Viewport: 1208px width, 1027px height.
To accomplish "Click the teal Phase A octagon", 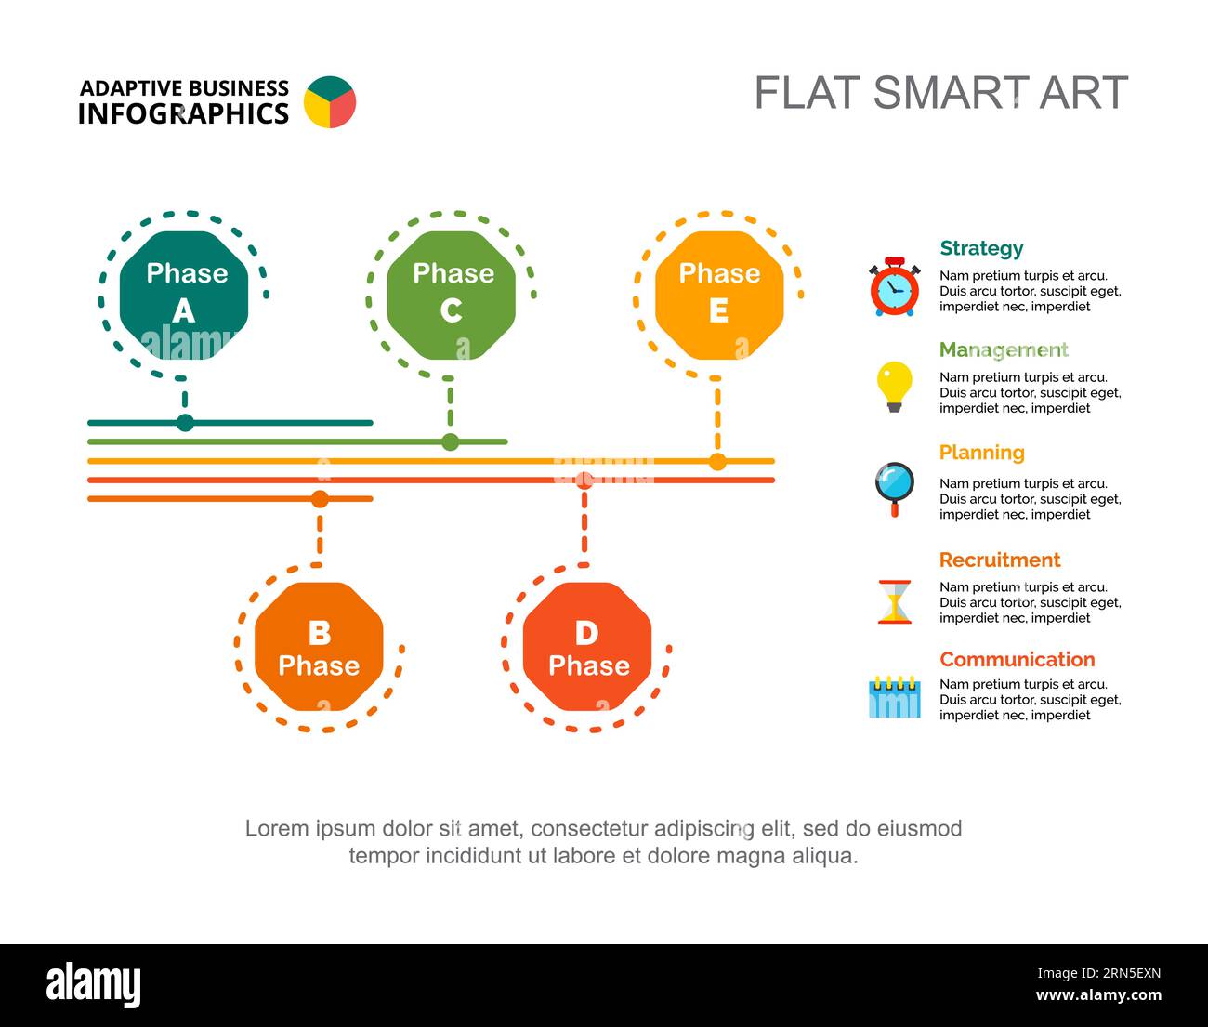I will tap(185, 295).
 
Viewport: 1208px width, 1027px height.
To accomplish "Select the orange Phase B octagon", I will tap(319, 647).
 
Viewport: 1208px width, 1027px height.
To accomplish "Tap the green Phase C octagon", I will tap(452, 295).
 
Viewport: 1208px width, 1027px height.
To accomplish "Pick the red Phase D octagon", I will tap(587, 647).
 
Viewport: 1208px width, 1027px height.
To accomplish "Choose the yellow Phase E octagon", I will tap(719, 295).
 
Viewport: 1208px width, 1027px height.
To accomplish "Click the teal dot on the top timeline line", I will tap(185, 423).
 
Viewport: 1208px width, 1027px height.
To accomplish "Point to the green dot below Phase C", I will tap(451, 441).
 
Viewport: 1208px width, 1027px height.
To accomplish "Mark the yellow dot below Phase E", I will tap(717, 461).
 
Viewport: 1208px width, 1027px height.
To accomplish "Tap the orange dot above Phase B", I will tap(320, 499).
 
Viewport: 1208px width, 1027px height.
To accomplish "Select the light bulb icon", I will tap(894, 386).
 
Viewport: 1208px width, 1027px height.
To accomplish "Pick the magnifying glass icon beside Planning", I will tap(895, 487).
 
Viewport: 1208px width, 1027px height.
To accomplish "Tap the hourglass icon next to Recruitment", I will tap(895, 601).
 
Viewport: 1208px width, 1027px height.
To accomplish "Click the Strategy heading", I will tap(981, 248).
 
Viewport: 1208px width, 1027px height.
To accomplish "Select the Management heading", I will tap(1004, 349).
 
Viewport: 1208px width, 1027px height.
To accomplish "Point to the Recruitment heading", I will tap(999, 560).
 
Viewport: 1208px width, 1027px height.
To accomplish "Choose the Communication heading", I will tap(1017, 659).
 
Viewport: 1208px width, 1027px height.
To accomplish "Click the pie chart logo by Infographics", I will tap(330, 102).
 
